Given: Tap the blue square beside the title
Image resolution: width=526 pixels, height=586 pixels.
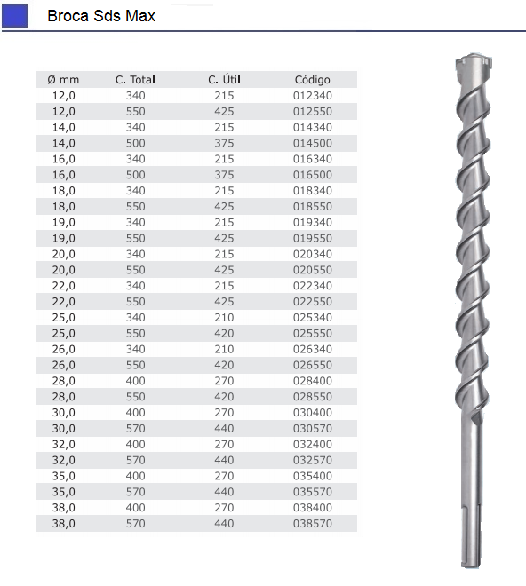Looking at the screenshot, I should point(15,16).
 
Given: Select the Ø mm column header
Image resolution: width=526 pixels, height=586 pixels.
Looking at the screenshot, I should point(62,80).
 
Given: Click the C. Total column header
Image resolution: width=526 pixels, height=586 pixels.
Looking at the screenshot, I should point(135,80).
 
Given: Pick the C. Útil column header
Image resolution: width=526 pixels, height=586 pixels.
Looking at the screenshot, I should point(224,80).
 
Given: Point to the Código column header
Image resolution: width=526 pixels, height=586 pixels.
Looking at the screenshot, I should point(313,80).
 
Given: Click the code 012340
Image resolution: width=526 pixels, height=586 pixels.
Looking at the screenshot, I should point(313,95).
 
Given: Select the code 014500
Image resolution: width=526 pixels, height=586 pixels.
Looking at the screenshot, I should point(313,143).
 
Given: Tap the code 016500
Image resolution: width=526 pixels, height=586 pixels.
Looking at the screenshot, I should point(313,175).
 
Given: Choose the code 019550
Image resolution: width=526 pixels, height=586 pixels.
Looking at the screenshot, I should point(313,239).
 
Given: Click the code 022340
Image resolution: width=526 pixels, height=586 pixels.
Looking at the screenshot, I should point(313,286).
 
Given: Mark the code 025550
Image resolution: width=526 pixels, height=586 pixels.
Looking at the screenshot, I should point(313,334).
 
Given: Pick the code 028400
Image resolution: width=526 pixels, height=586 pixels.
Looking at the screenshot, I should point(313,381).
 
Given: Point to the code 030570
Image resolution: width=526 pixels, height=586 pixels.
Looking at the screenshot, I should point(313,429).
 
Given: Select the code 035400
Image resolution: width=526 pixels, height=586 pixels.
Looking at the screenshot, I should point(313,476).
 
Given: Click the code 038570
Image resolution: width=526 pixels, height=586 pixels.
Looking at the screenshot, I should point(313,524).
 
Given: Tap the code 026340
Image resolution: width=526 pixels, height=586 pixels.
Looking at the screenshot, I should point(313,349).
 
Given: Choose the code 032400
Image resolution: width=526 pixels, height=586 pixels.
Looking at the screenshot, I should point(313,444).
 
